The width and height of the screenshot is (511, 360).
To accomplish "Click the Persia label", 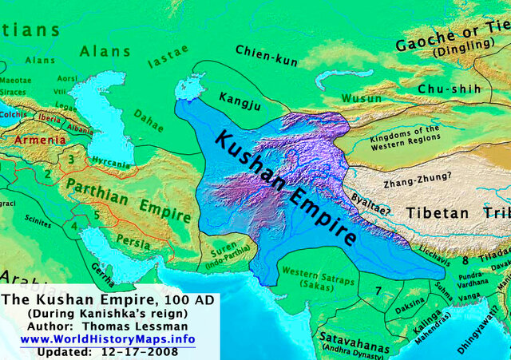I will pos(127,237).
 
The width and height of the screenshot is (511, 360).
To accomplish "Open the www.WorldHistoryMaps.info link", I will pos(107,339).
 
